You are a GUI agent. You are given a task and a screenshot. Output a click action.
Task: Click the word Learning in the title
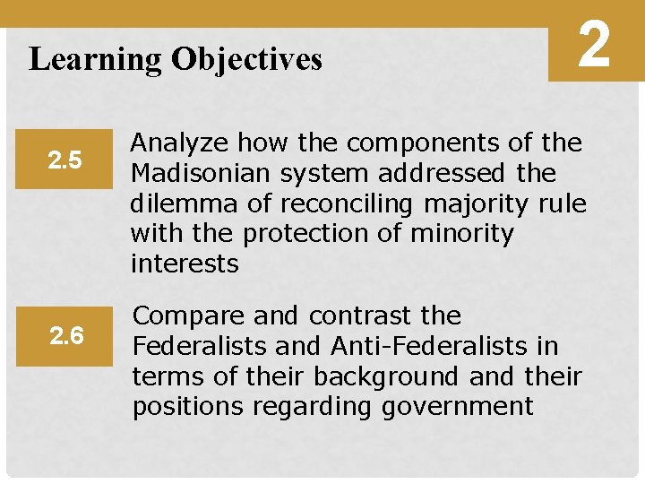95,59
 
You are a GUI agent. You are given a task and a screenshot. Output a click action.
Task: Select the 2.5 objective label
66,160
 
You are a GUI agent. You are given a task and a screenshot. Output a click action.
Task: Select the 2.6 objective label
66,336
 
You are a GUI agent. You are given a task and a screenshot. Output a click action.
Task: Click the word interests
185,264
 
